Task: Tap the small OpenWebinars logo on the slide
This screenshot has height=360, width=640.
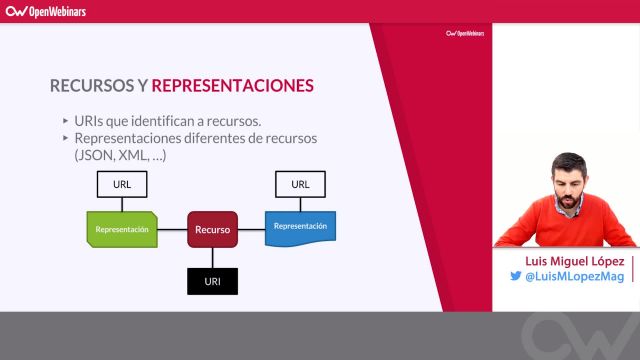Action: point(464,33)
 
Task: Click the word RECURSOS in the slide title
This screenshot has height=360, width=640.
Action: point(91,85)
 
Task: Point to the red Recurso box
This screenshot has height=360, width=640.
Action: point(213,229)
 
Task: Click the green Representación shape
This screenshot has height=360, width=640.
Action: point(122,229)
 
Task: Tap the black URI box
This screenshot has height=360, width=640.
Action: point(213,281)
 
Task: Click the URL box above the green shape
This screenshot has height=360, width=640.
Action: point(122,185)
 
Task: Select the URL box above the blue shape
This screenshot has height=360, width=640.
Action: point(300,185)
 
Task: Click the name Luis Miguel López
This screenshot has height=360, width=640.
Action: point(567,259)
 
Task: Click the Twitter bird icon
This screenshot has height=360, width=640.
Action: point(517,277)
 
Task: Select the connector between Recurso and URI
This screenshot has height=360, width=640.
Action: point(213,257)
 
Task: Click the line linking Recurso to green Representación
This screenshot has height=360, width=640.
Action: point(173,229)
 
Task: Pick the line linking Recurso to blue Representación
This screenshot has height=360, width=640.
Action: point(251,229)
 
